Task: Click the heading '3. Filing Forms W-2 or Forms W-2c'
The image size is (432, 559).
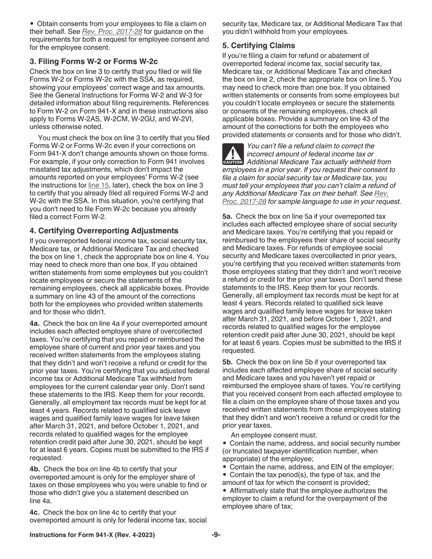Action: tap(94, 61)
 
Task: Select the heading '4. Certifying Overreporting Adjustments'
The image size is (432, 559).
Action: tap(104, 231)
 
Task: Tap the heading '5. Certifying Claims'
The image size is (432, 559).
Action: tap(258, 45)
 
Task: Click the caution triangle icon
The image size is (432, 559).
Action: tap(233, 154)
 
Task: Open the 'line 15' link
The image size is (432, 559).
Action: tap(99, 185)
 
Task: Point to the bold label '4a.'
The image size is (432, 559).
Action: tap(35, 324)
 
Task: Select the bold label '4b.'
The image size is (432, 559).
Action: tap(35, 469)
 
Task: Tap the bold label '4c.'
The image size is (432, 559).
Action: tap(35, 512)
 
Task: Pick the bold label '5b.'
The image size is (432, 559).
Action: tap(228, 362)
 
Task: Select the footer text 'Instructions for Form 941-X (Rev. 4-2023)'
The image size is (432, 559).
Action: tap(92, 535)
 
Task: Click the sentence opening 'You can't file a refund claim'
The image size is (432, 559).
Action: tap(311, 146)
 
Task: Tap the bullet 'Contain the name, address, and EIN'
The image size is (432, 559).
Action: tap(311, 467)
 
